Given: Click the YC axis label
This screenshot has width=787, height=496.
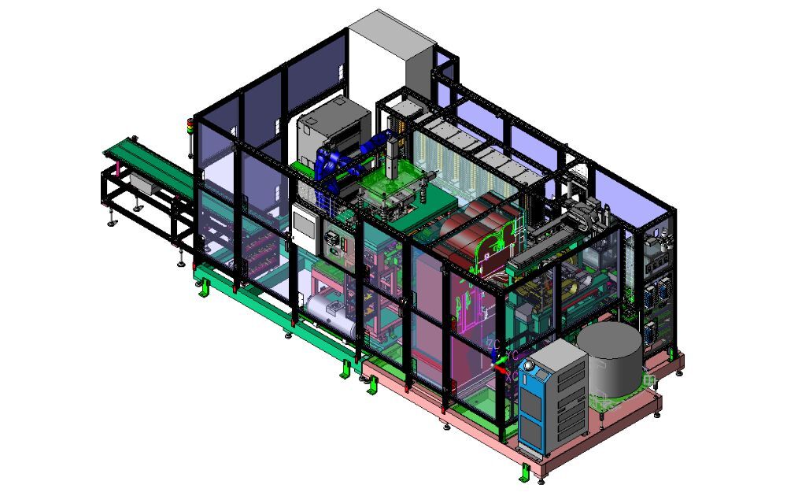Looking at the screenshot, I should click(x=512, y=356).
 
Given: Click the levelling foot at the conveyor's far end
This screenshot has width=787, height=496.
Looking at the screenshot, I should click(x=111, y=221).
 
